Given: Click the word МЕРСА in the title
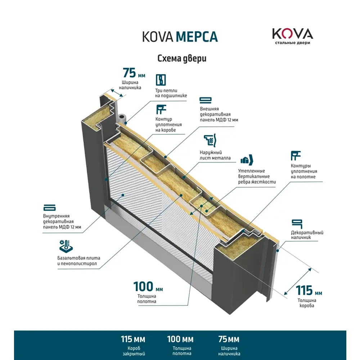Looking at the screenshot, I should [x=197, y=37].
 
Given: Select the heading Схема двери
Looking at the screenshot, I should [x=182, y=58].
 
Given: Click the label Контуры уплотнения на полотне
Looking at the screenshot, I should [x=303, y=171].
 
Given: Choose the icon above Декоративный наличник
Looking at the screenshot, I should [x=296, y=223].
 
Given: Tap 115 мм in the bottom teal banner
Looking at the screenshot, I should [x=133, y=339].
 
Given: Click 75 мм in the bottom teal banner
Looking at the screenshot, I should [x=229, y=339].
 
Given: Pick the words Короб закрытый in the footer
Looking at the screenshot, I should [x=133, y=351].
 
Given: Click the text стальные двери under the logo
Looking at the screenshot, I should [x=292, y=43].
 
